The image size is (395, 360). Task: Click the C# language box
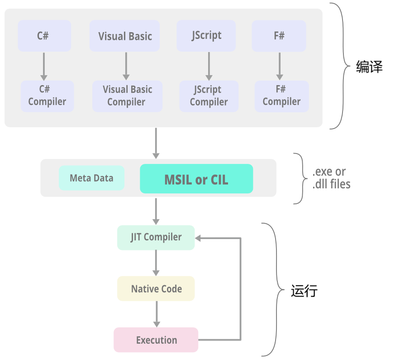pos(44,36)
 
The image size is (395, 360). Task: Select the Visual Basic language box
pos(125,36)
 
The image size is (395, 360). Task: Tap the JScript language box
pos(207,36)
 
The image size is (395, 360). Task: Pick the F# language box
pos(279,36)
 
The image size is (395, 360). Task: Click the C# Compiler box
pos(47,96)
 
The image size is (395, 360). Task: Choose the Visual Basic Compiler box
pos(127,96)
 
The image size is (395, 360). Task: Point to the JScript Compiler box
pos(209,96)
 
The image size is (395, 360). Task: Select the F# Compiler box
pos(281,96)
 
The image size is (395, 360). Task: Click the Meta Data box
pos(91,178)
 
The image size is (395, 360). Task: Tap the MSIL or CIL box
pos(196,179)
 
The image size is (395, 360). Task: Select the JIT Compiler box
pos(156,237)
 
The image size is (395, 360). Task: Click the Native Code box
pos(156,289)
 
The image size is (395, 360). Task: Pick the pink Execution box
pos(156,340)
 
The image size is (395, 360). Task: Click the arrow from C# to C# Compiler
pos(44,66)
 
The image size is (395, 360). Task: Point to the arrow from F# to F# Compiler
pos(279,66)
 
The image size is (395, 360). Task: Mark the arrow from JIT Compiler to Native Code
pos(156,263)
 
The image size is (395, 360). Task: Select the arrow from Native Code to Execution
pos(157,314)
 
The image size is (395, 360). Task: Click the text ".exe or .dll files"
pos(331,178)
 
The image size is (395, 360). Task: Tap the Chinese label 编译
pos(369,67)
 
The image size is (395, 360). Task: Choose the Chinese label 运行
pos(304,291)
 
